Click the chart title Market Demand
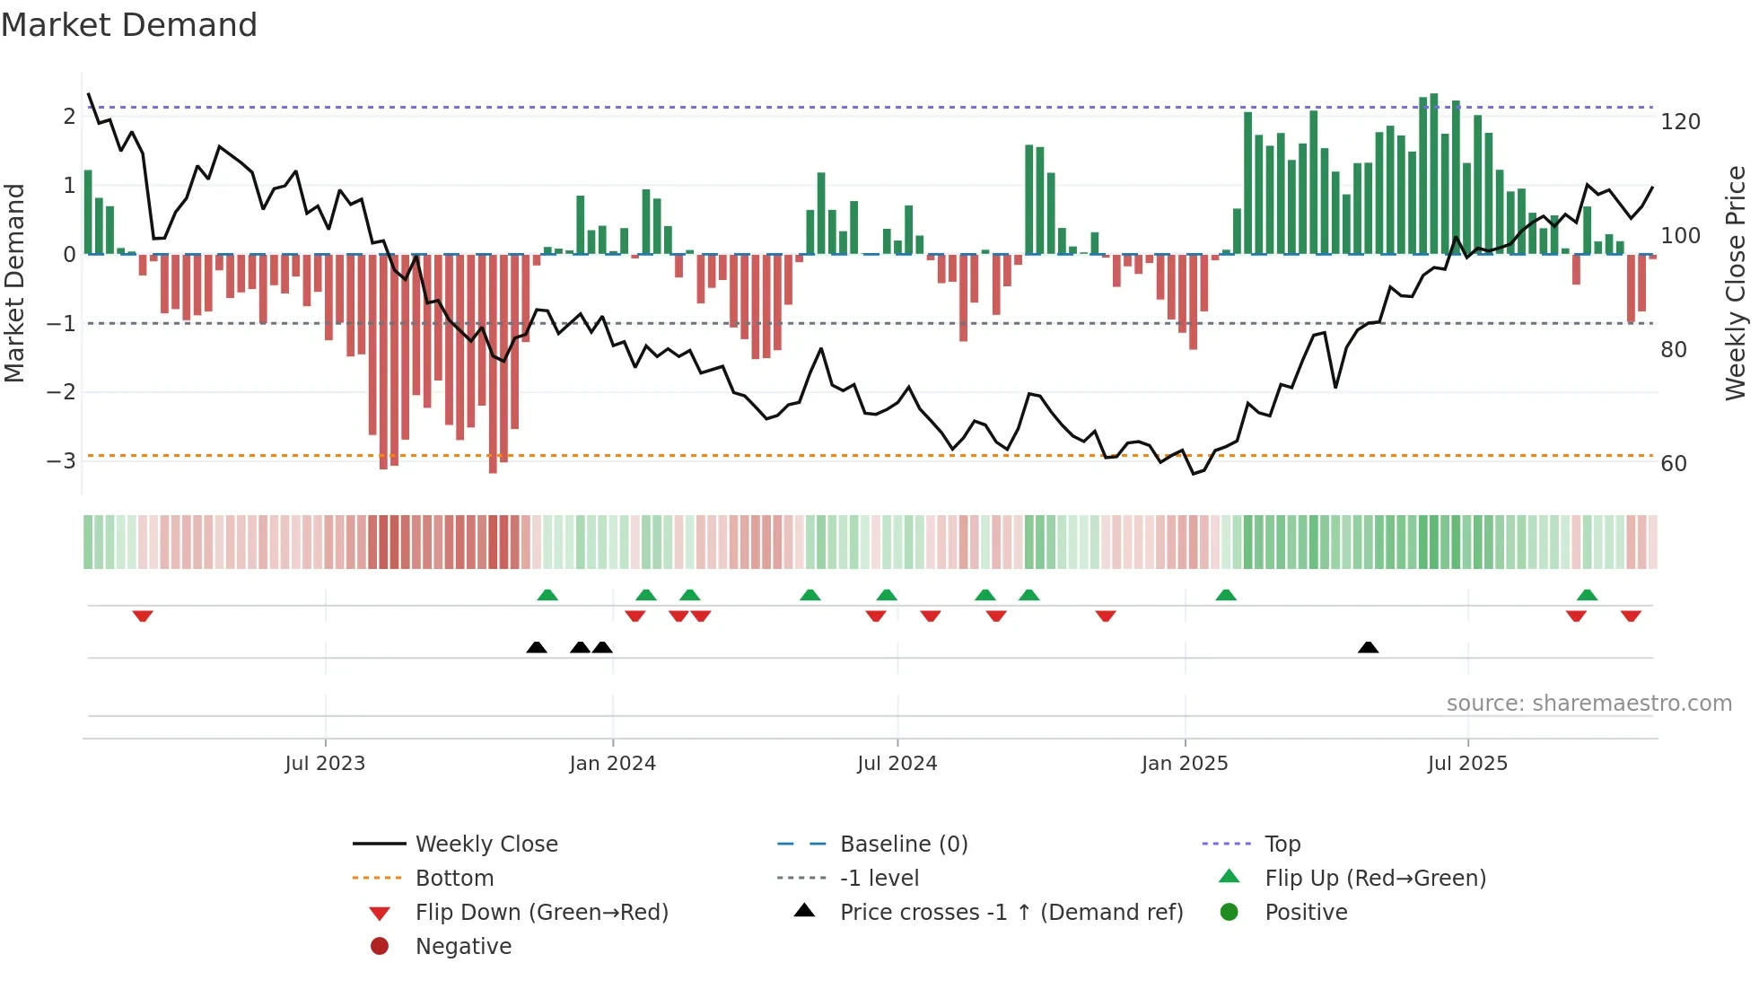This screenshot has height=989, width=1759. tap(129, 25)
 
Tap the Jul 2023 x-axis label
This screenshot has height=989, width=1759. tap(325, 764)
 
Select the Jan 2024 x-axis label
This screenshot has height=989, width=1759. tap(612, 764)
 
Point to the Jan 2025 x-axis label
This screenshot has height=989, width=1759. tap(1184, 764)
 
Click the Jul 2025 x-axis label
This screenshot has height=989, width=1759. tap(1467, 764)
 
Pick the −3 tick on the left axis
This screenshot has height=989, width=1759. tap(61, 461)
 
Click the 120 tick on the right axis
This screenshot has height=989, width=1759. tap(1680, 122)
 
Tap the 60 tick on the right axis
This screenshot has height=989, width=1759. tap(1674, 464)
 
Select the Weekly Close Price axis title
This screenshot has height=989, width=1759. tap(1736, 283)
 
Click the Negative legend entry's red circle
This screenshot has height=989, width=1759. tap(380, 947)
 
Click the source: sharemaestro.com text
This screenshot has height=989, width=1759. tap(1588, 704)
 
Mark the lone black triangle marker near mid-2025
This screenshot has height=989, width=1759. tap(1368, 648)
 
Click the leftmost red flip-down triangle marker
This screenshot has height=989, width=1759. tap(143, 616)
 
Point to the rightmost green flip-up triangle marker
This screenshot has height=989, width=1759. tap(1587, 595)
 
